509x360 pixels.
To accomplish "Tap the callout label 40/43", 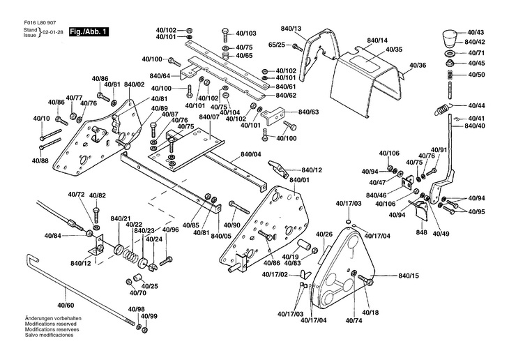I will [x=476, y=33].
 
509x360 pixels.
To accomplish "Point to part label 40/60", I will [x=66, y=306].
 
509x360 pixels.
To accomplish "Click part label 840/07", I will [x=208, y=117].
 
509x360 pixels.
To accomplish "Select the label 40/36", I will [x=418, y=65].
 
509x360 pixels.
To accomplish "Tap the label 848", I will [x=421, y=232].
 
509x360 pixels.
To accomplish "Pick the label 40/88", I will [x=40, y=161].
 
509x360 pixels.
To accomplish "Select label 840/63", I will [x=309, y=112].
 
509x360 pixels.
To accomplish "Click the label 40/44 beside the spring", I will [x=476, y=105].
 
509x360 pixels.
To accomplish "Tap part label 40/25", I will [x=150, y=287].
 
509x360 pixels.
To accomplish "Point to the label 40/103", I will [x=246, y=33].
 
